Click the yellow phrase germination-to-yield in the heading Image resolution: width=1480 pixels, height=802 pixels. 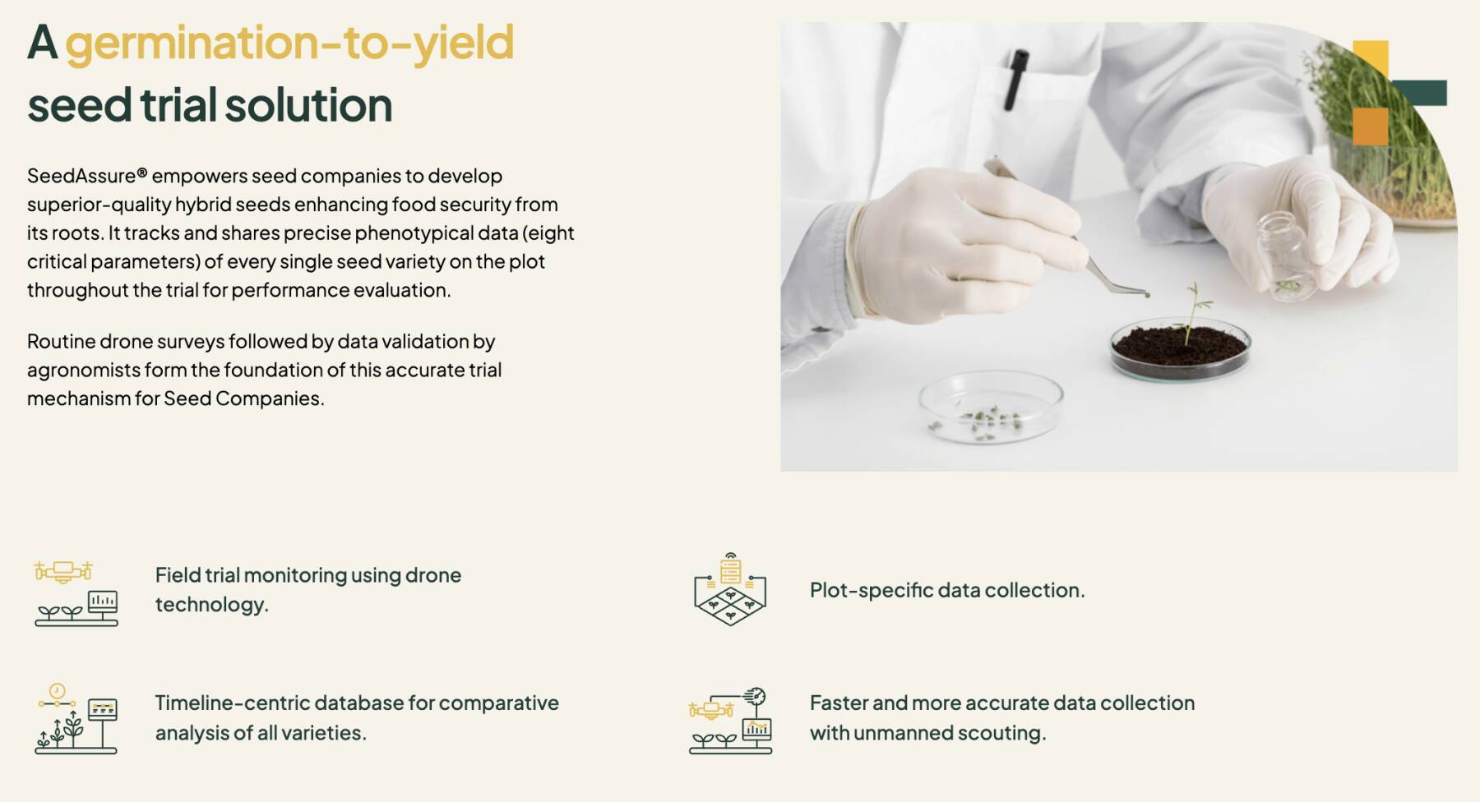289,44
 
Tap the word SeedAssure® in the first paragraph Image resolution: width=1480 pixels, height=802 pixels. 87,176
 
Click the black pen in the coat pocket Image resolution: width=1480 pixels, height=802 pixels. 1016,80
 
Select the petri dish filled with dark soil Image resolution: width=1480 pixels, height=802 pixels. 1180,350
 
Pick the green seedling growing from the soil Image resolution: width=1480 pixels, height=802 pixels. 1193,312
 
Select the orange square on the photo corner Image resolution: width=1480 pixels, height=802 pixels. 1370,126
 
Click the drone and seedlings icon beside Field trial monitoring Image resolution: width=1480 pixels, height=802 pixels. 76,592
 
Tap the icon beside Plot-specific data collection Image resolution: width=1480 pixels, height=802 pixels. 730,589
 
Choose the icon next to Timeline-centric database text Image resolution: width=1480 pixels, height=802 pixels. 76,718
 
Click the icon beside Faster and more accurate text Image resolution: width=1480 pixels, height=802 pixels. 730,721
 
